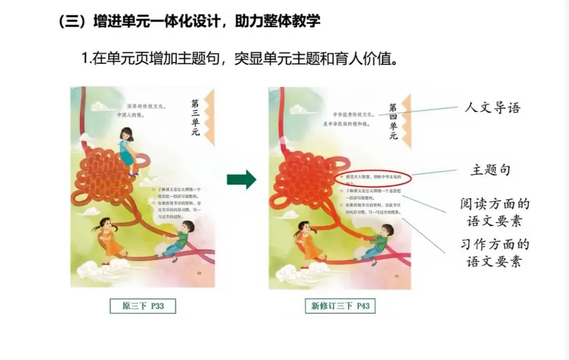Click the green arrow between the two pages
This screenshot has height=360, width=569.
point(241,180)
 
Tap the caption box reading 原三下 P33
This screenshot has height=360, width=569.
point(143,306)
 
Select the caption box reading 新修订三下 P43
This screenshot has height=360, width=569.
point(340,306)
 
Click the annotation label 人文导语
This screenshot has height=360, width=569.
point(492,108)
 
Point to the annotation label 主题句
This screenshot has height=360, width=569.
point(490,170)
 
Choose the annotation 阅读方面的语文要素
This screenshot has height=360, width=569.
point(494,212)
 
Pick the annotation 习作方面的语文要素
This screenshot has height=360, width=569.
point(494,253)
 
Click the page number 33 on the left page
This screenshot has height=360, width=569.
point(199,274)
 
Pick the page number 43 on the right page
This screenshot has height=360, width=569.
point(396,276)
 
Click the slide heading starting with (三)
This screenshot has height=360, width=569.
point(189,22)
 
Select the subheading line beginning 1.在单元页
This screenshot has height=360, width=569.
point(240,58)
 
